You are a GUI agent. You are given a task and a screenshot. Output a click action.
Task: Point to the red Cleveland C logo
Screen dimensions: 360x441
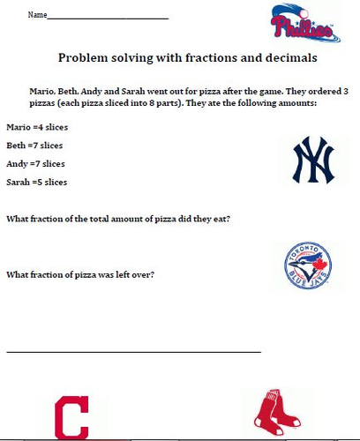(x=72, y=417)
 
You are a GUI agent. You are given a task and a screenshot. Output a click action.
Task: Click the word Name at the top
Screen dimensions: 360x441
(x=36, y=16)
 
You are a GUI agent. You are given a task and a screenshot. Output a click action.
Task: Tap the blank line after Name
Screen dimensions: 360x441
(x=107, y=18)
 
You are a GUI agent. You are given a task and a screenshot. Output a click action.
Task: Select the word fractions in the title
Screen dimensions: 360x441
(x=199, y=57)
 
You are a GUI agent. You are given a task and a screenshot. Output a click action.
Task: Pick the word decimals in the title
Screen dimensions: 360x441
(x=286, y=57)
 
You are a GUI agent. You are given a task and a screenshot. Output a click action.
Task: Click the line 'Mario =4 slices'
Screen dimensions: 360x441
(x=37, y=127)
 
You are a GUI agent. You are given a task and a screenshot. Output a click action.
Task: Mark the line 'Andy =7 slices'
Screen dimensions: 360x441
(x=36, y=163)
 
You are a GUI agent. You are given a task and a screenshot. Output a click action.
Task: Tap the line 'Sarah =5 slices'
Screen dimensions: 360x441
(x=37, y=182)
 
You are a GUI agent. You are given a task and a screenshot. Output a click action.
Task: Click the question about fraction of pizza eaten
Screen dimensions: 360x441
(x=118, y=218)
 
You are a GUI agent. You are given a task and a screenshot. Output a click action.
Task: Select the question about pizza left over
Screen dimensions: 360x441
(x=80, y=274)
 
